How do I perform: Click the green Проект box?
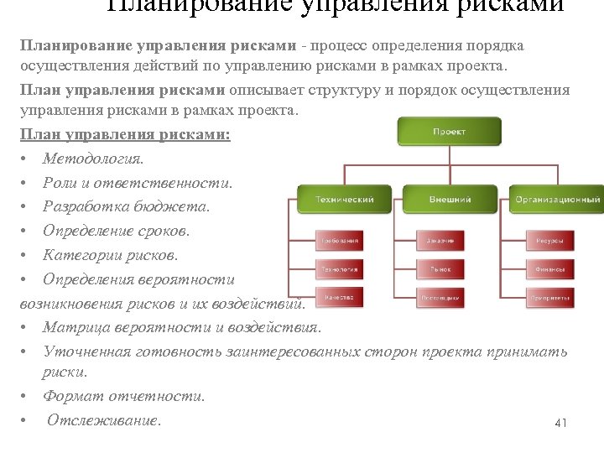[449, 132]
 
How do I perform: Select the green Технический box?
[345, 200]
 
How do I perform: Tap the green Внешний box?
[450, 200]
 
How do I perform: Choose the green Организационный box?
[557, 200]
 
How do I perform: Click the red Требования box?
[339, 241]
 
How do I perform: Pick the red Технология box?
[339, 269]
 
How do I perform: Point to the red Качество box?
[339, 297]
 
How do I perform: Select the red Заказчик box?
[440, 241]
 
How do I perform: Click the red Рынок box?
[440, 269]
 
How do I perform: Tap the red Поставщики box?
[440, 297]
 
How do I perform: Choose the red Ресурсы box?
[550, 241]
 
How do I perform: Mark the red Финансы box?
[550, 269]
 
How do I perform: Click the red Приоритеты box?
[550, 297]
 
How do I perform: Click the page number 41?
[561, 423]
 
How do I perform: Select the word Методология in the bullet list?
[93, 159]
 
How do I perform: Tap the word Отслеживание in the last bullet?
[103, 420]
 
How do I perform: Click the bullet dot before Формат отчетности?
[28, 397]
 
